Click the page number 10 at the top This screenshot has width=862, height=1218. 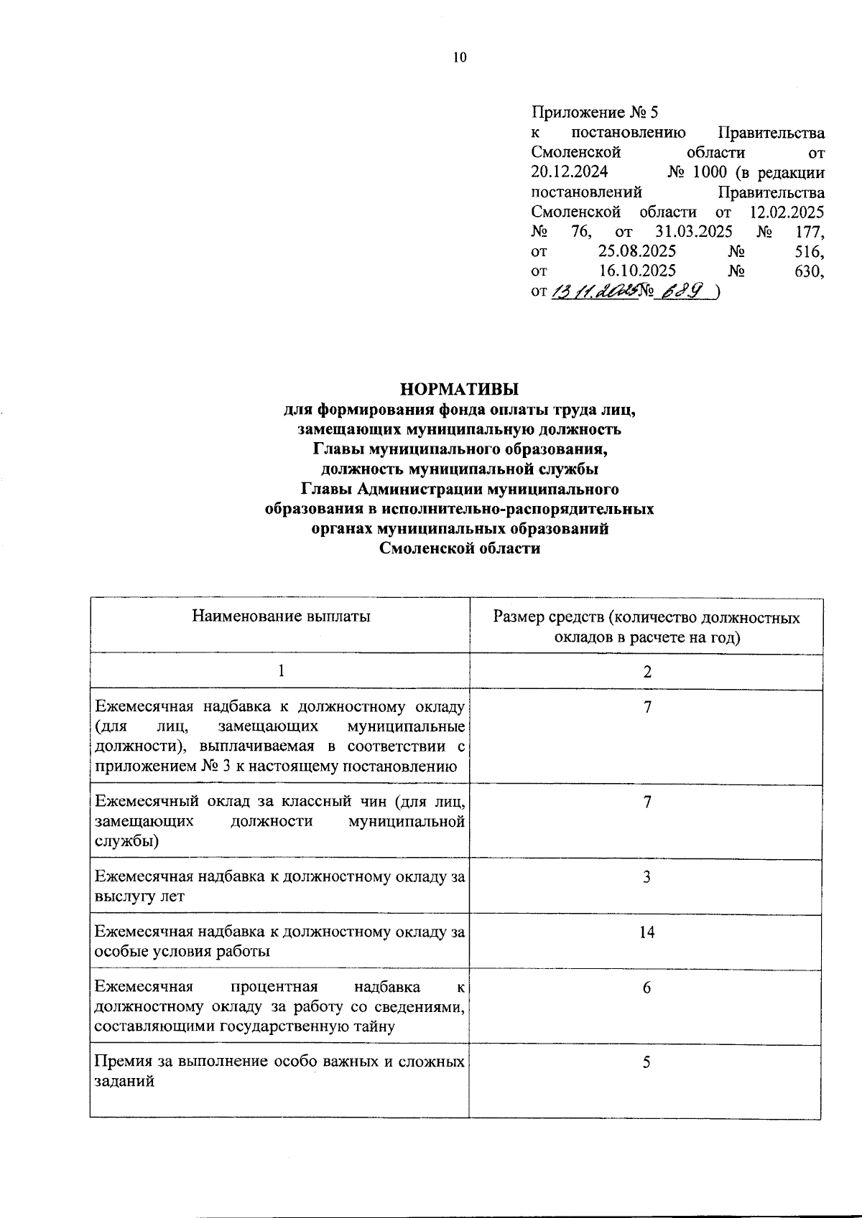point(460,58)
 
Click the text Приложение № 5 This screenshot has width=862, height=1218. point(595,113)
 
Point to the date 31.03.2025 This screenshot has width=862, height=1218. point(693,232)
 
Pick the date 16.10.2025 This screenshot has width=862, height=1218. point(636,271)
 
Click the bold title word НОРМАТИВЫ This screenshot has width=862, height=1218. point(460,390)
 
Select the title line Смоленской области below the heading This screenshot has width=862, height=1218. point(460,549)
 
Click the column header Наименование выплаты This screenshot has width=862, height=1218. point(281,616)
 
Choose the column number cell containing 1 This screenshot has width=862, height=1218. point(282,671)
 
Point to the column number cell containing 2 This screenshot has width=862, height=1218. point(647,672)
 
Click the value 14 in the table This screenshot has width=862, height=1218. point(646,932)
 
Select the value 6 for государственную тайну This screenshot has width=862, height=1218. point(646,988)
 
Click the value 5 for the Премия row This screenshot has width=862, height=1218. point(646,1062)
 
